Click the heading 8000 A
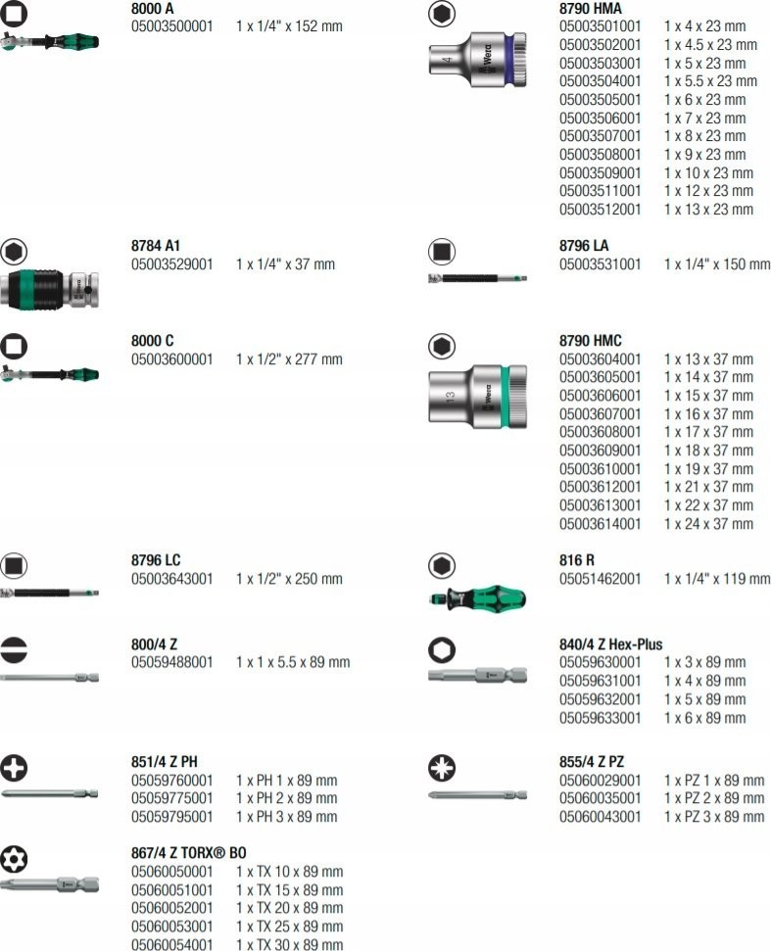click(152, 9)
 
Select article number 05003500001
click(171, 26)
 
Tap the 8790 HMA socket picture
click(477, 60)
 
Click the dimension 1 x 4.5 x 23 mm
click(710, 45)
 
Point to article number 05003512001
click(600, 210)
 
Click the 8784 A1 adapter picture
click(49, 290)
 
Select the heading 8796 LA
click(584, 246)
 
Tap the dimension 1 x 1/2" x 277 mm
click(289, 359)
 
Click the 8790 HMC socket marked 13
click(477, 396)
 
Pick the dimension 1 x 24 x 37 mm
click(708, 524)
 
